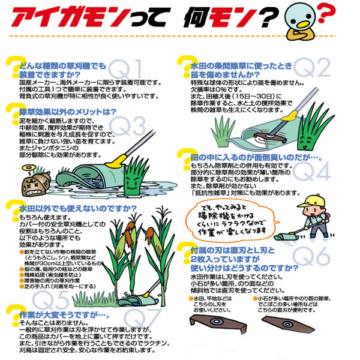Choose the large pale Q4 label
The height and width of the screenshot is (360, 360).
click(316, 173)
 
